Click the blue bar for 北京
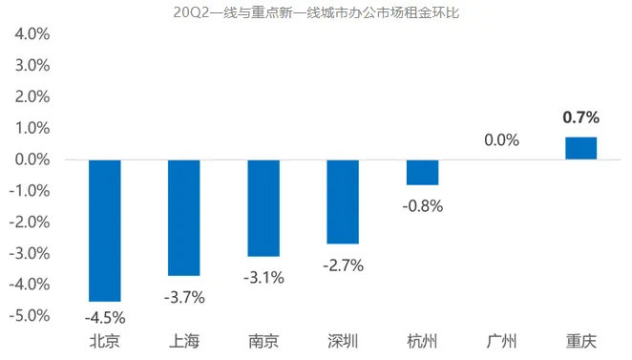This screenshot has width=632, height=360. point(104,230)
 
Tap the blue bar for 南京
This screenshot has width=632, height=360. point(263,208)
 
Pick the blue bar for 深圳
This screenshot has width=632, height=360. point(343,201)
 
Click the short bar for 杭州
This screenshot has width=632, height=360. point(422,172)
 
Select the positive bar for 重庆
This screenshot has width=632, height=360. point(580,148)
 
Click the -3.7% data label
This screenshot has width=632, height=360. point(184,297)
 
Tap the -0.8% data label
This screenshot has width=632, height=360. point(423,205)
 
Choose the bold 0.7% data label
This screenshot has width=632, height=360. point(580,117)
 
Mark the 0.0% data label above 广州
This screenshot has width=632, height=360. point(501,140)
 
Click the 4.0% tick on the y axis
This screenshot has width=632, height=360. point(32,34)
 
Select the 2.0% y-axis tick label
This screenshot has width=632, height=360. point(32,96)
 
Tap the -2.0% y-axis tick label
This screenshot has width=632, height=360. point(30,222)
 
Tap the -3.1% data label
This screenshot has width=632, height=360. point(263,277)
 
